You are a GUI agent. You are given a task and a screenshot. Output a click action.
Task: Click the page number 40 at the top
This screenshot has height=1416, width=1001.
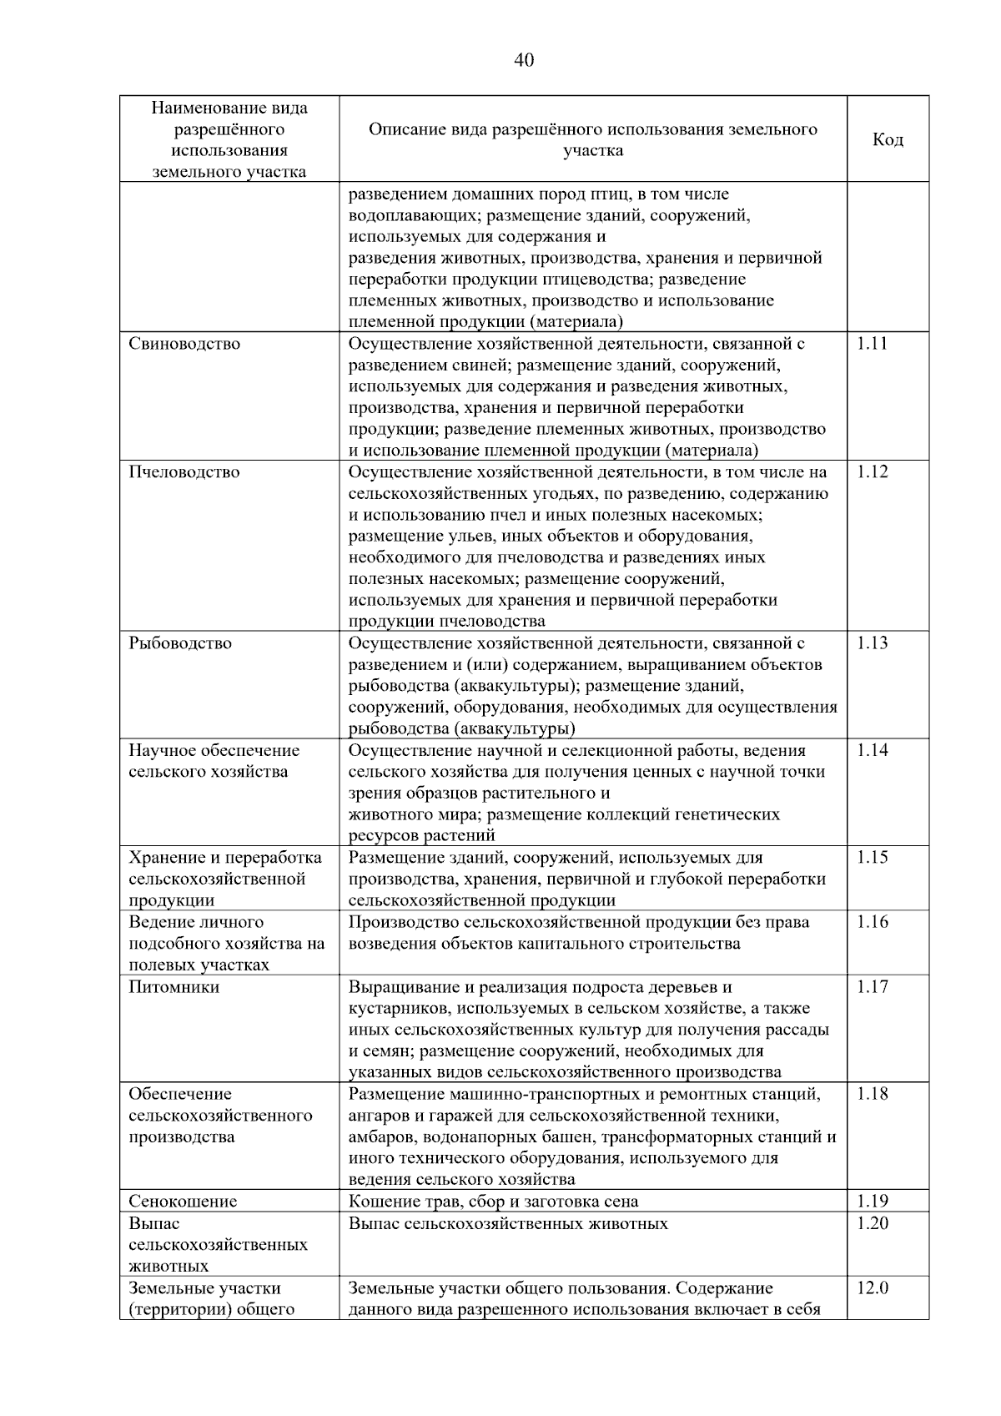[524, 59]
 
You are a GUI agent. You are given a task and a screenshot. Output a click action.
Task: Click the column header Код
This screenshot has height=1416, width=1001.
[888, 139]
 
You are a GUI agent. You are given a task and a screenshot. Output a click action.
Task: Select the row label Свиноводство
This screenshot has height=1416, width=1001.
[184, 344]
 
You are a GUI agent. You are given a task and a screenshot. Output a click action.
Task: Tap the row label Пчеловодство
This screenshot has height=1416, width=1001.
[184, 472]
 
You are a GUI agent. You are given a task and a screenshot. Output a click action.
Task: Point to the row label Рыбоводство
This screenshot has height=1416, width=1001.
[180, 643]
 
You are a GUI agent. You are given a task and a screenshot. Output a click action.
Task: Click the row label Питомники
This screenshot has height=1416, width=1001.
[174, 987]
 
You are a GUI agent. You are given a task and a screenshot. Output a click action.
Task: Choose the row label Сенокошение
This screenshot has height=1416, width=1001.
[183, 1202]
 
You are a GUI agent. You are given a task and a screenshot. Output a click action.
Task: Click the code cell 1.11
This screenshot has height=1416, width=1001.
[873, 344]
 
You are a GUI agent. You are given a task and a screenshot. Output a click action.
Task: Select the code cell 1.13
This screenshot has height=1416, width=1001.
[873, 643]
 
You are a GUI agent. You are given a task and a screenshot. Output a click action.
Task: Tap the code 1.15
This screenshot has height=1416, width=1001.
[873, 858]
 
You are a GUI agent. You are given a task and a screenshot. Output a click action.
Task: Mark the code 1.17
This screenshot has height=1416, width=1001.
[873, 987]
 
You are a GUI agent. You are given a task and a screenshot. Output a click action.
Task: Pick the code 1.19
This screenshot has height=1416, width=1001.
[873, 1202]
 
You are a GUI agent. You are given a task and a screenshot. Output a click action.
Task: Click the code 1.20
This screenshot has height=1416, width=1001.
[873, 1223]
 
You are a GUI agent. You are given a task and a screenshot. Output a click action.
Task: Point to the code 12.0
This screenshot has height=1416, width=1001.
[873, 1288]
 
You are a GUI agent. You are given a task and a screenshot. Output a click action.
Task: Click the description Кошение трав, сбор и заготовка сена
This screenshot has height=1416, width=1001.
[493, 1202]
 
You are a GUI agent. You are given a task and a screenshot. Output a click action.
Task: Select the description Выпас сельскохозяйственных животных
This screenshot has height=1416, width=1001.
[508, 1223]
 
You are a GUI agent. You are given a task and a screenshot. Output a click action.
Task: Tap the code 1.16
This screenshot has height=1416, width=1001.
[873, 922]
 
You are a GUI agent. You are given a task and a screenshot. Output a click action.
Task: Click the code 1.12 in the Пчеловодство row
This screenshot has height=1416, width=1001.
[873, 472]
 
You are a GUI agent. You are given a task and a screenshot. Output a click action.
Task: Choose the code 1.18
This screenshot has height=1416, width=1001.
[873, 1094]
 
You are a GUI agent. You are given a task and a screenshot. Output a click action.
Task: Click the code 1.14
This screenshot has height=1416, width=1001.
[873, 750]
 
